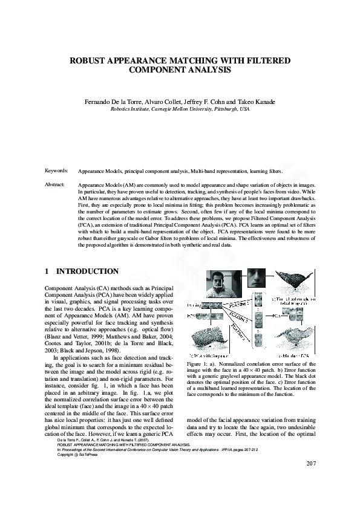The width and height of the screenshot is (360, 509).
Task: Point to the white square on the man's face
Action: point(219,282)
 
